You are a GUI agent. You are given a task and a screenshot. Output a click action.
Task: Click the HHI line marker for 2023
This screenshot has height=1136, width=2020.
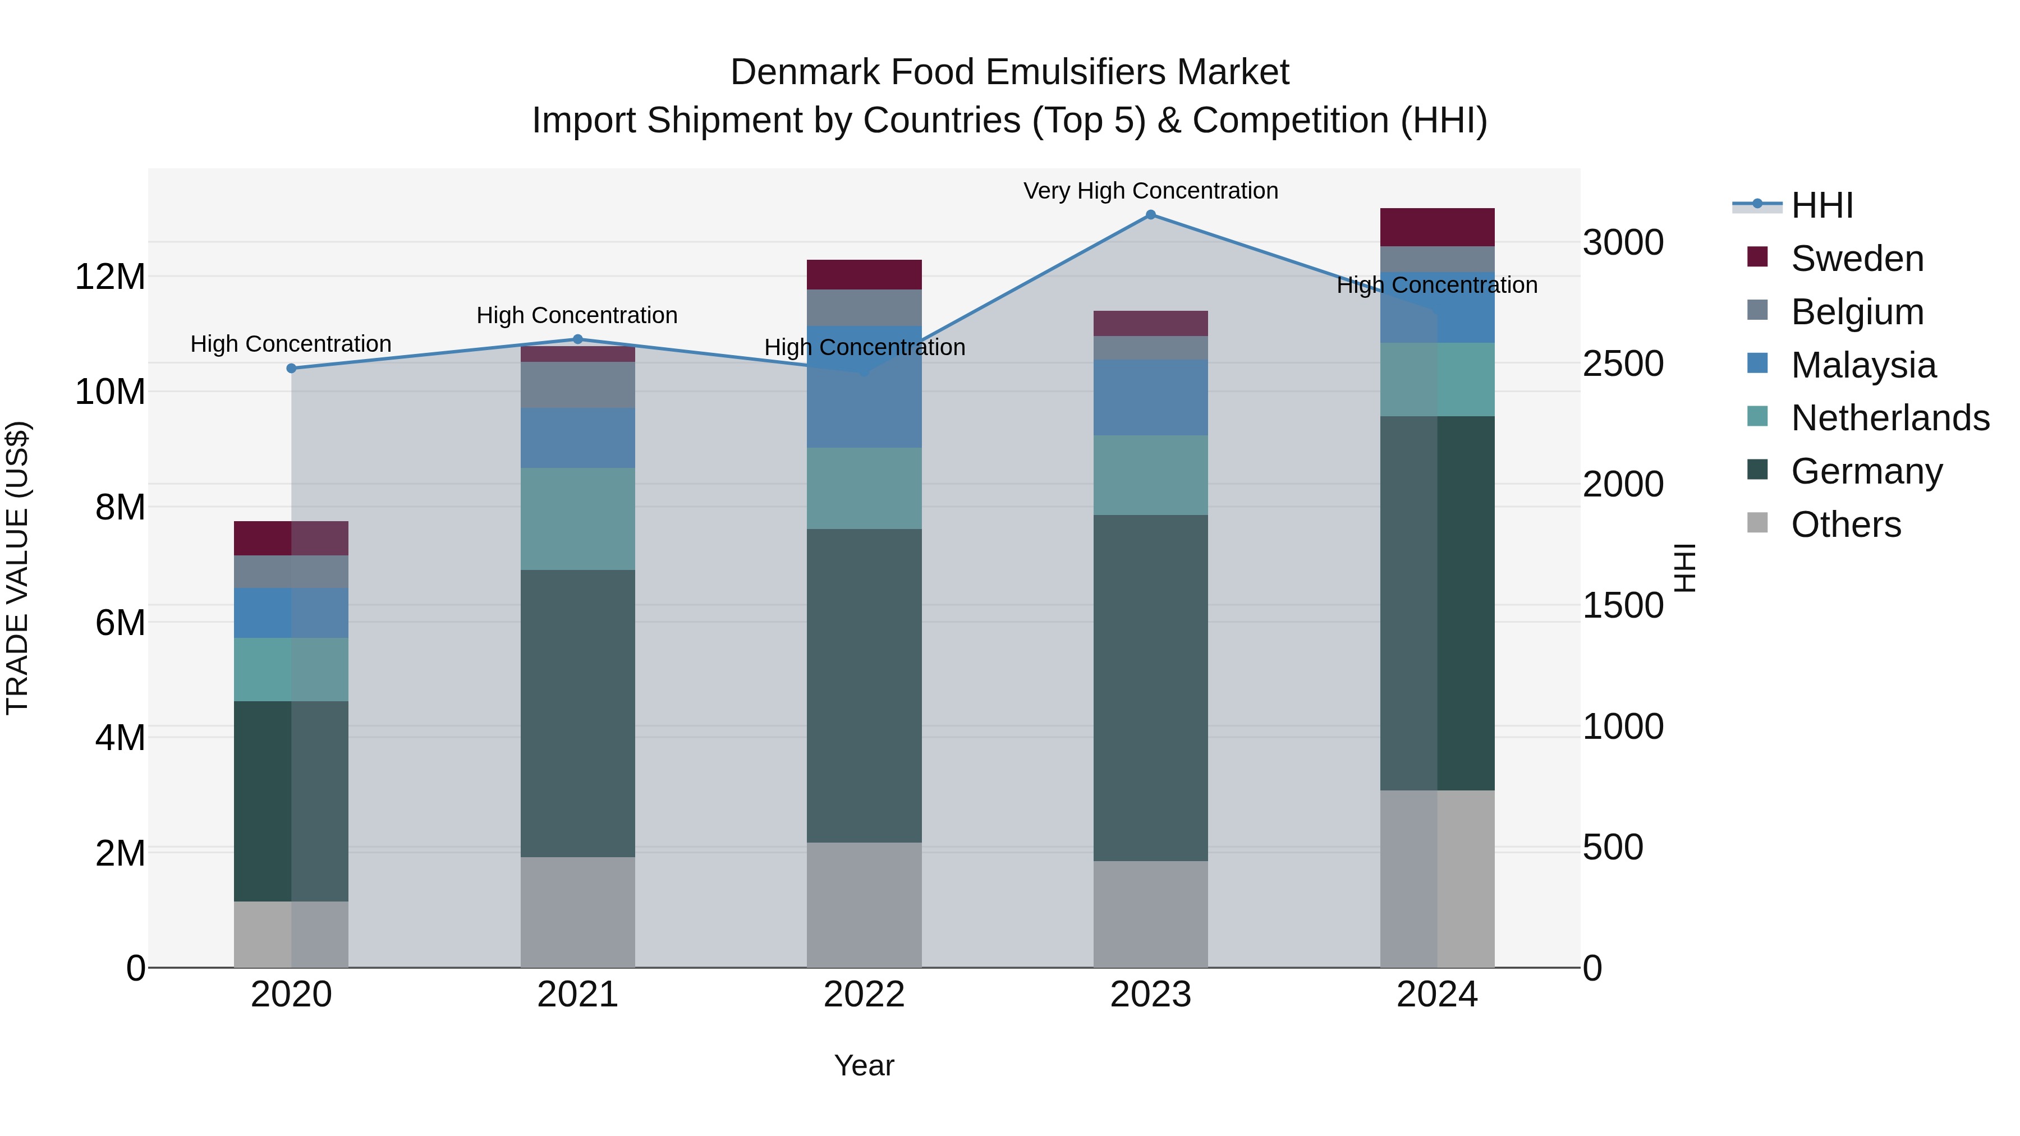(1150, 215)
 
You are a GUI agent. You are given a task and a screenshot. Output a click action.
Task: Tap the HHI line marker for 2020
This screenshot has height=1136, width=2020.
(292, 369)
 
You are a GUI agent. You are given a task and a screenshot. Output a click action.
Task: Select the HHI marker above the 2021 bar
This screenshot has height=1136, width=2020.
(578, 339)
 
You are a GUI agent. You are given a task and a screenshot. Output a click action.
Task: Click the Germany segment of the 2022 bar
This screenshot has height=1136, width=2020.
(864, 686)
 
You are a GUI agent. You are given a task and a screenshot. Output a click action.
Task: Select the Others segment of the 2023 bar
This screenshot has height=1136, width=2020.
(1150, 914)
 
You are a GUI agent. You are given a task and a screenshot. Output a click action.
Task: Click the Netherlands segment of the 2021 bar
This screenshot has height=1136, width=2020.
(578, 519)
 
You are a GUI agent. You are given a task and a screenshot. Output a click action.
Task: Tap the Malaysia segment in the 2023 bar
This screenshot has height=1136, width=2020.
(1150, 398)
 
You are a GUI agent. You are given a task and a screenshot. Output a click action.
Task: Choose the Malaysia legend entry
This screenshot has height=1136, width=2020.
(1863, 365)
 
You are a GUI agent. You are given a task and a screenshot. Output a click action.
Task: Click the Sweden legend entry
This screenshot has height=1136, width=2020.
(1857, 259)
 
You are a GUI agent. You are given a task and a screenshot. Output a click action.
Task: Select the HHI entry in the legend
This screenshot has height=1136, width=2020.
(1821, 205)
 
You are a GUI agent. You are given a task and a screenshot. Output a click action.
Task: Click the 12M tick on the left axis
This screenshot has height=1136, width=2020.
(110, 277)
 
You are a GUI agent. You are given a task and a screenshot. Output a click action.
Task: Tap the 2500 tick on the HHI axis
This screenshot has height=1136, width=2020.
(1622, 364)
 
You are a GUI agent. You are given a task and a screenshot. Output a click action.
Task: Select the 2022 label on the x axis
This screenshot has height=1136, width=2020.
(864, 995)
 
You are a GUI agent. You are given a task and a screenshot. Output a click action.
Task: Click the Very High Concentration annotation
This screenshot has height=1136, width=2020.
(1150, 191)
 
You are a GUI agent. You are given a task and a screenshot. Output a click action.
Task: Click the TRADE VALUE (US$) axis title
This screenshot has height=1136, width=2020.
(17, 568)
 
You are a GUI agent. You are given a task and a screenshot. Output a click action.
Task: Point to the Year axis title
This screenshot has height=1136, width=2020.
(864, 1065)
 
